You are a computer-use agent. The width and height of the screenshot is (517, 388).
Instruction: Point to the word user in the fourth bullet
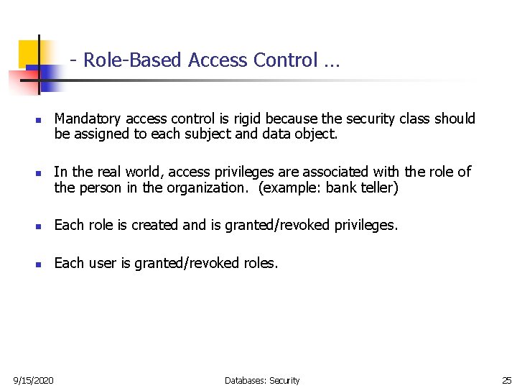pyautogui.click(x=103, y=263)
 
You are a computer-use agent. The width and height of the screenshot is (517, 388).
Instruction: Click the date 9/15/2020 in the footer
pyautogui.click(x=33, y=380)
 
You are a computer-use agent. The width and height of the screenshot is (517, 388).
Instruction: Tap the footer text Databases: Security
pyautogui.click(x=262, y=380)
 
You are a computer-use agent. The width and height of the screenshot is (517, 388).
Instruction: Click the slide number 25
pyautogui.click(x=507, y=380)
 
